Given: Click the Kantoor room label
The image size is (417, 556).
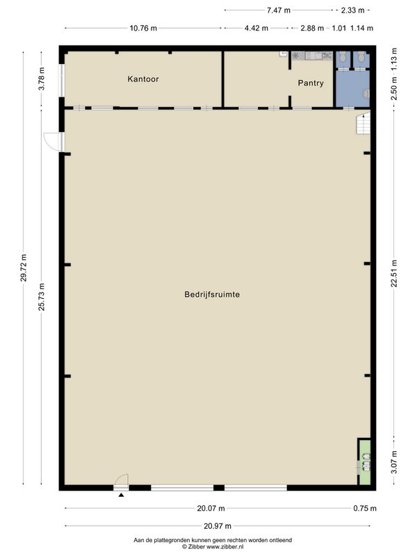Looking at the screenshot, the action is pos(143,79).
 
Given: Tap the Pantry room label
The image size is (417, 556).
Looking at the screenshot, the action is pos(311,83).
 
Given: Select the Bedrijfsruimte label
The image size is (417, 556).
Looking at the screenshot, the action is pos(212,294).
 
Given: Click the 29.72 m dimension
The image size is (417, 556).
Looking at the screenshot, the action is pos(24,268).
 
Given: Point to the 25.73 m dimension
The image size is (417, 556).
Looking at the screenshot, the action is pos(42,297).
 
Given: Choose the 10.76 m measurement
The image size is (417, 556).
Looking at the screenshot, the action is pos(143,28).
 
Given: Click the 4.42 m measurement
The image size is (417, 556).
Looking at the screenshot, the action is pos(256,28).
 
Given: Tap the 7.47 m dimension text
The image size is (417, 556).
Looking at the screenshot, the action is pos(279,10).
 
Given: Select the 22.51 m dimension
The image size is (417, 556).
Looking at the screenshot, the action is pos(394,273).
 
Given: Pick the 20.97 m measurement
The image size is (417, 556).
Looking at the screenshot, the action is pos(218,526).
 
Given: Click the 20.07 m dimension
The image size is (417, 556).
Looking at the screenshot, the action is pos(211,508).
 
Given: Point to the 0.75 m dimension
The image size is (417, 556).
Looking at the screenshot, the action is pos(365,508).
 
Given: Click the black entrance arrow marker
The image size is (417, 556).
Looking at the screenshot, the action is pos(121,495).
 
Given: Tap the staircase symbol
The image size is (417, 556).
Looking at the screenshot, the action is pos(363,123).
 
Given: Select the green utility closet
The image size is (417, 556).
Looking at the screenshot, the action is pos(365,462).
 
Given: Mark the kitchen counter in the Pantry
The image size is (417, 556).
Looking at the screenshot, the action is pos(311,56).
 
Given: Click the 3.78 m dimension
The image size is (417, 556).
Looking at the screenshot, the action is pos(42,79).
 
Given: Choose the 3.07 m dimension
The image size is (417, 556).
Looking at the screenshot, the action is pos(394,462).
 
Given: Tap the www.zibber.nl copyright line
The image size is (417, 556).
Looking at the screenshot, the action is pos(213,547).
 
